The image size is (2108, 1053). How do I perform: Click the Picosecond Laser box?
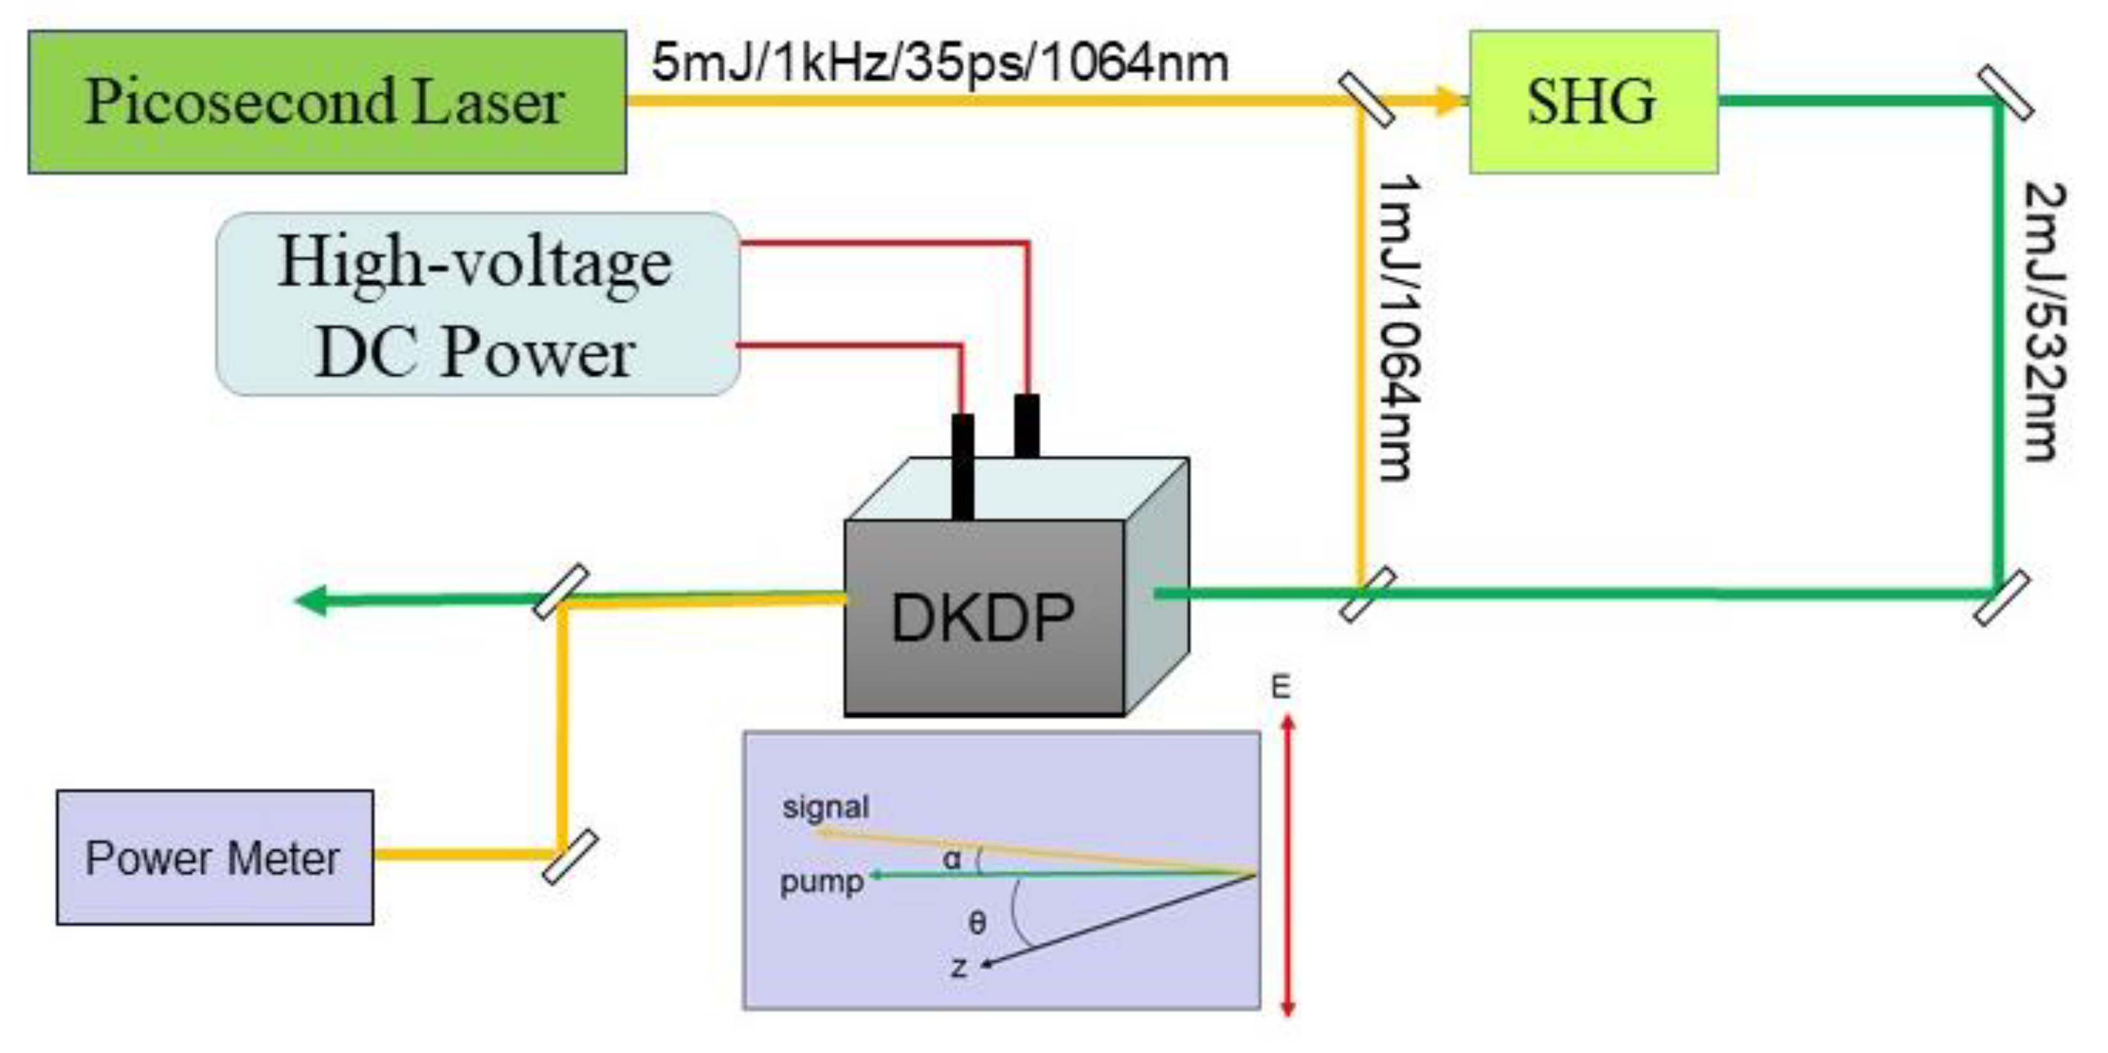(327, 102)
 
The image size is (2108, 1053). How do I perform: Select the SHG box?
(1593, 102)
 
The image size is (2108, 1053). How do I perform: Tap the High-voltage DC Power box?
(477, 304)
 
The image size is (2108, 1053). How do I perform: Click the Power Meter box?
(214, 858)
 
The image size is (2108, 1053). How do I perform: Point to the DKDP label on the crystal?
(982, 618)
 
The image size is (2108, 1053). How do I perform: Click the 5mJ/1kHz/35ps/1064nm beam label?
(940, 63)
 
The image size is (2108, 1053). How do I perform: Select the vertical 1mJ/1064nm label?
(1399, 327)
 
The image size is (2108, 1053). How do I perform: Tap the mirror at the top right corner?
(2005, 94)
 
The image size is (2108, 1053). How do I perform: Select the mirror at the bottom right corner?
(2001, 598)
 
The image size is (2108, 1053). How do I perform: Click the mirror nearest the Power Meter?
(570, 856)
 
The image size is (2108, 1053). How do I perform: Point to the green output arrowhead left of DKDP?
(312, 600)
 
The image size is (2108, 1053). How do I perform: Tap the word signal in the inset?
(825, 808)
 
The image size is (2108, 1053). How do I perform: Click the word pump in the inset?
(821, 883)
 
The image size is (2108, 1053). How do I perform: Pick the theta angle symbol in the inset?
(977, 923)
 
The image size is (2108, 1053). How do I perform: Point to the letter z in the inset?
(959, 968)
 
